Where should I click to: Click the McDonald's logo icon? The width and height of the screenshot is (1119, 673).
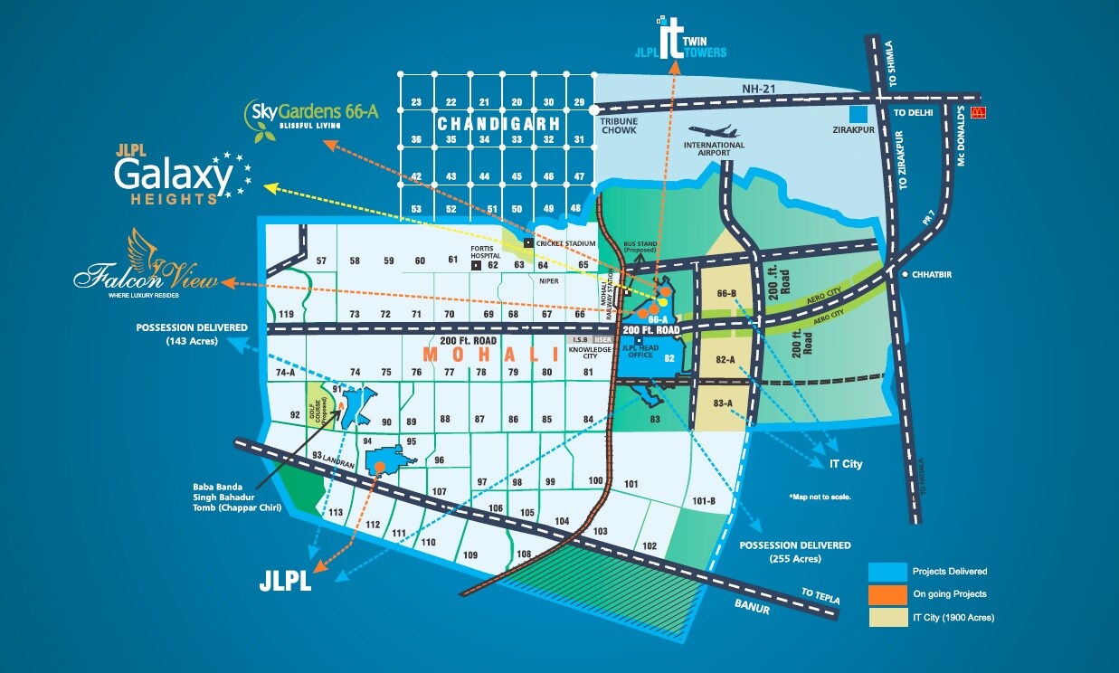[x=976, y=113]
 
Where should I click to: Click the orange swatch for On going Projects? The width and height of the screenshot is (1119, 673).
[x=887, y=594]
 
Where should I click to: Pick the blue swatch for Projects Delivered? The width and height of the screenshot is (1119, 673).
[x=887, y=571]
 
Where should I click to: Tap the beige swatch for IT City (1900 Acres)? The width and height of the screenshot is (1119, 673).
[x=887, y=618]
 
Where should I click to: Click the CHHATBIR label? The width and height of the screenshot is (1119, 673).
[x=934, y=273]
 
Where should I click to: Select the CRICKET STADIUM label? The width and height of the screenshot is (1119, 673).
[x=566, y=243]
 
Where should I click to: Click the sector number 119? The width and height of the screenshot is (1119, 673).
[x=288, y=314]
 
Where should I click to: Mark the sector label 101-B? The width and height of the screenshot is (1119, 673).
[x=704, y=501]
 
